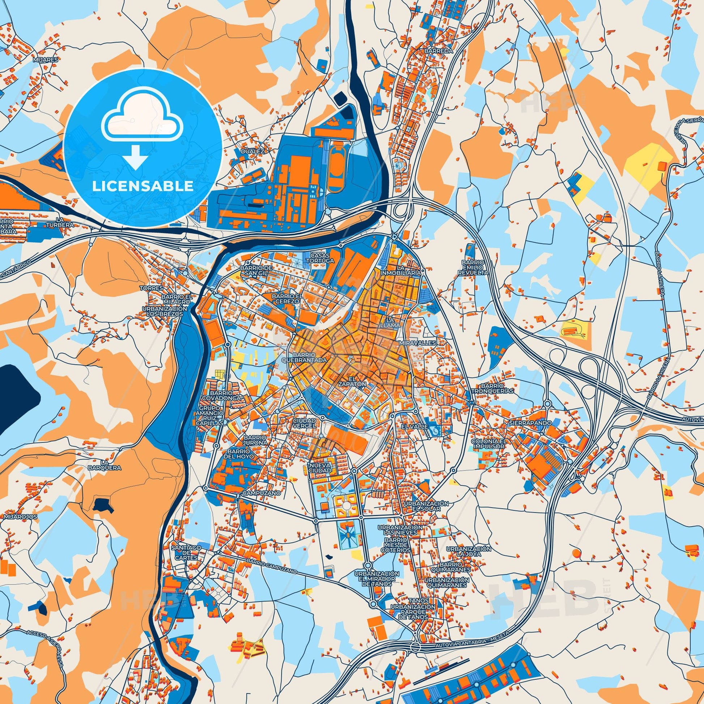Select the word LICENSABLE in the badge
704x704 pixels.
coord(143,186)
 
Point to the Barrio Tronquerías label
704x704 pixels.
coord(492,388)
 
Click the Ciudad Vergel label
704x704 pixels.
coord(304,423)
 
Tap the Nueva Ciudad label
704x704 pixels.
coord(319,468)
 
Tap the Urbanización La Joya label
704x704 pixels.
coord(469,561)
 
